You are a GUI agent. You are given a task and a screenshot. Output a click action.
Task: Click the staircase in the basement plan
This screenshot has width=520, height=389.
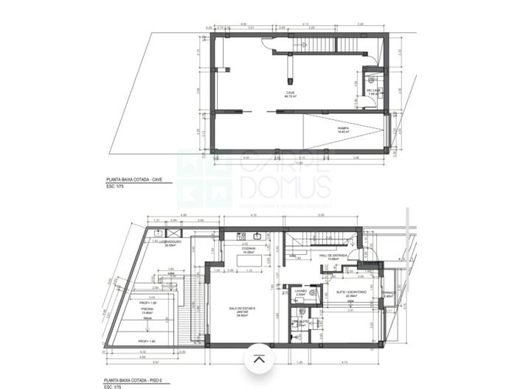pyautogui.click(x=318, y=45)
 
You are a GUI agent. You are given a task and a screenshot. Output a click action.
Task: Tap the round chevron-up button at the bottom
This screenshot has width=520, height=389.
pyautogui.click(x=260, y=360)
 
